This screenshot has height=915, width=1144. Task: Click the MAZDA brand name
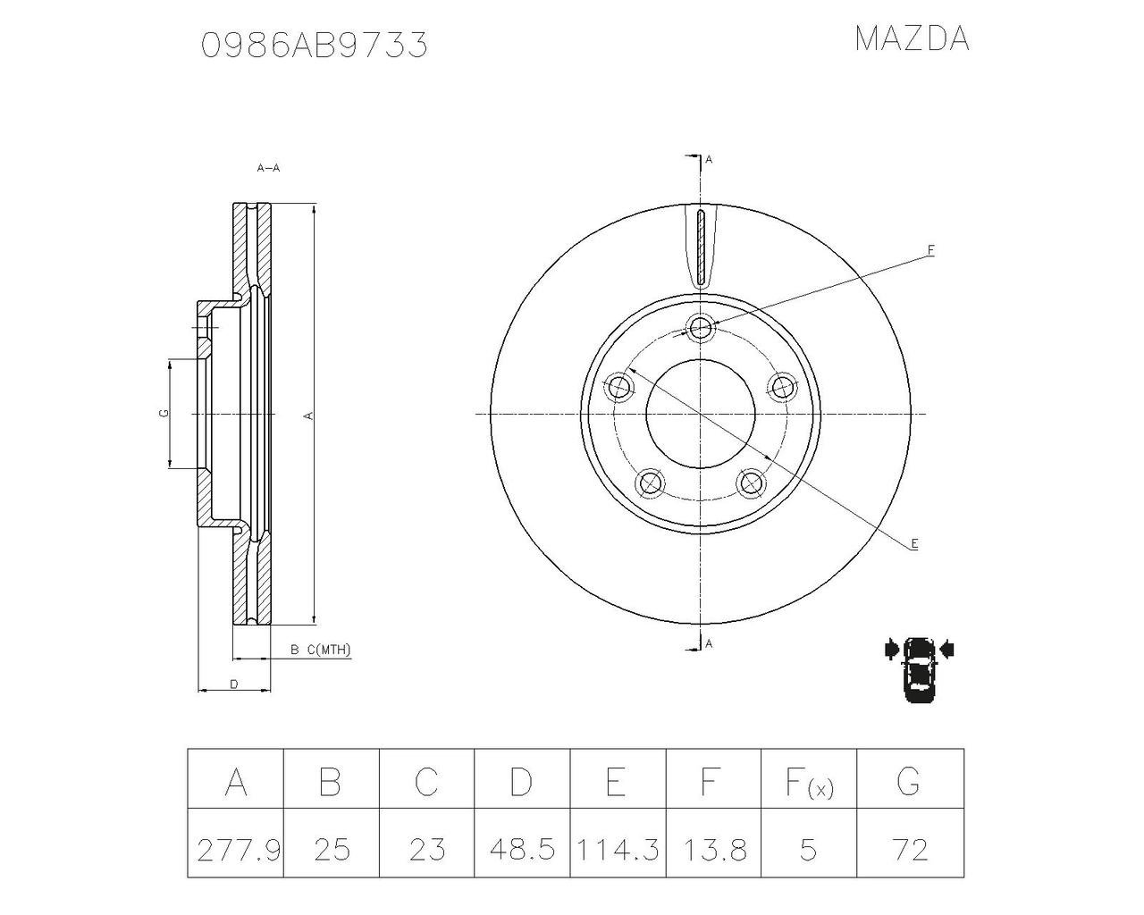pyautogui.click(x=911, y=39)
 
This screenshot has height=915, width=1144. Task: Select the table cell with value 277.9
pyautogui.click(x=237, y=848)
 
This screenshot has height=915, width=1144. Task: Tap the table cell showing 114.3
pyautogui.click(x=618, y=848)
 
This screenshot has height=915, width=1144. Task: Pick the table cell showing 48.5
pyautogui.click(x=522, y=848)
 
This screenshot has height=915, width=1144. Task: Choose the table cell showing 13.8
pyautogui.click(x=713, y=848)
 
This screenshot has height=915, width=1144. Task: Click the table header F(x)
pyautogui.click(x=808, y=782)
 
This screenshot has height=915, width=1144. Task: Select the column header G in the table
pyautogui.click(x=909, y=782)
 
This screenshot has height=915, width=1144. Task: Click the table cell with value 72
pyautogui.click(x=909, y=848)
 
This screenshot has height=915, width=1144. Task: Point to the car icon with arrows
pyautogui.click(x=918, y=669)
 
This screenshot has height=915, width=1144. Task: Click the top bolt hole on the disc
pyautogui.click(x=701, y=328)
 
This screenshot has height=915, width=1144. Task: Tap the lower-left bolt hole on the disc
pyautogui.click(x=650, y=483)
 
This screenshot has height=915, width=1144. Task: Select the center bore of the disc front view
pyautogui.click(x=701, y=414)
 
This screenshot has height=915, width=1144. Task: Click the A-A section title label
pyautogui.click(x=268, y=168)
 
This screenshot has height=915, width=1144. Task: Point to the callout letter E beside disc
pyautogui.click(x=914, y=543)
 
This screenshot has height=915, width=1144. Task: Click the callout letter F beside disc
pyautogui.click(x=930, y=250)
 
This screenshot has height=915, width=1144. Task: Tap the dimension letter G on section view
pyautogui.click(x=163, y=413)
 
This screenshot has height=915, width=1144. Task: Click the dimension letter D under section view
pyautogui.click(x=233, y=684)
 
